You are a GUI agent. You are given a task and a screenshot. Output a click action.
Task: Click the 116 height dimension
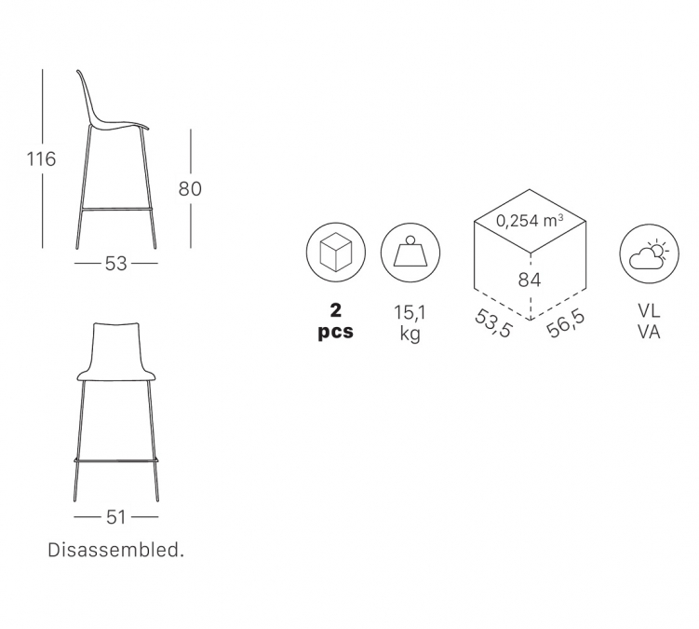coord(42,159)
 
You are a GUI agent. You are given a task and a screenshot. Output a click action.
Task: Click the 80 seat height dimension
coord(191,189)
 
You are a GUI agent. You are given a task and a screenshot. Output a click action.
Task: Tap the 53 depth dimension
coord(116,264)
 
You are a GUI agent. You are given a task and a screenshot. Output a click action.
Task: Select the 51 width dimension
coord(116,517)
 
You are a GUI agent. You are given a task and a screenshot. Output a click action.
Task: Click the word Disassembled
coord(116,550)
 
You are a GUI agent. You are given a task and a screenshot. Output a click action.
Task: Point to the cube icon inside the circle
coord(336,253)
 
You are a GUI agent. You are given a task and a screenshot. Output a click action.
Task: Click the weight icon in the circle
coord(410,253)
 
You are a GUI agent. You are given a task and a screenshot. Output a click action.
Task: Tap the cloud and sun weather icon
coord(649,255)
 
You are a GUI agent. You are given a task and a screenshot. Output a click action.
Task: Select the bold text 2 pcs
coord(336,321)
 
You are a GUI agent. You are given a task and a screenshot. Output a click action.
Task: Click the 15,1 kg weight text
coord(410,322)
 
